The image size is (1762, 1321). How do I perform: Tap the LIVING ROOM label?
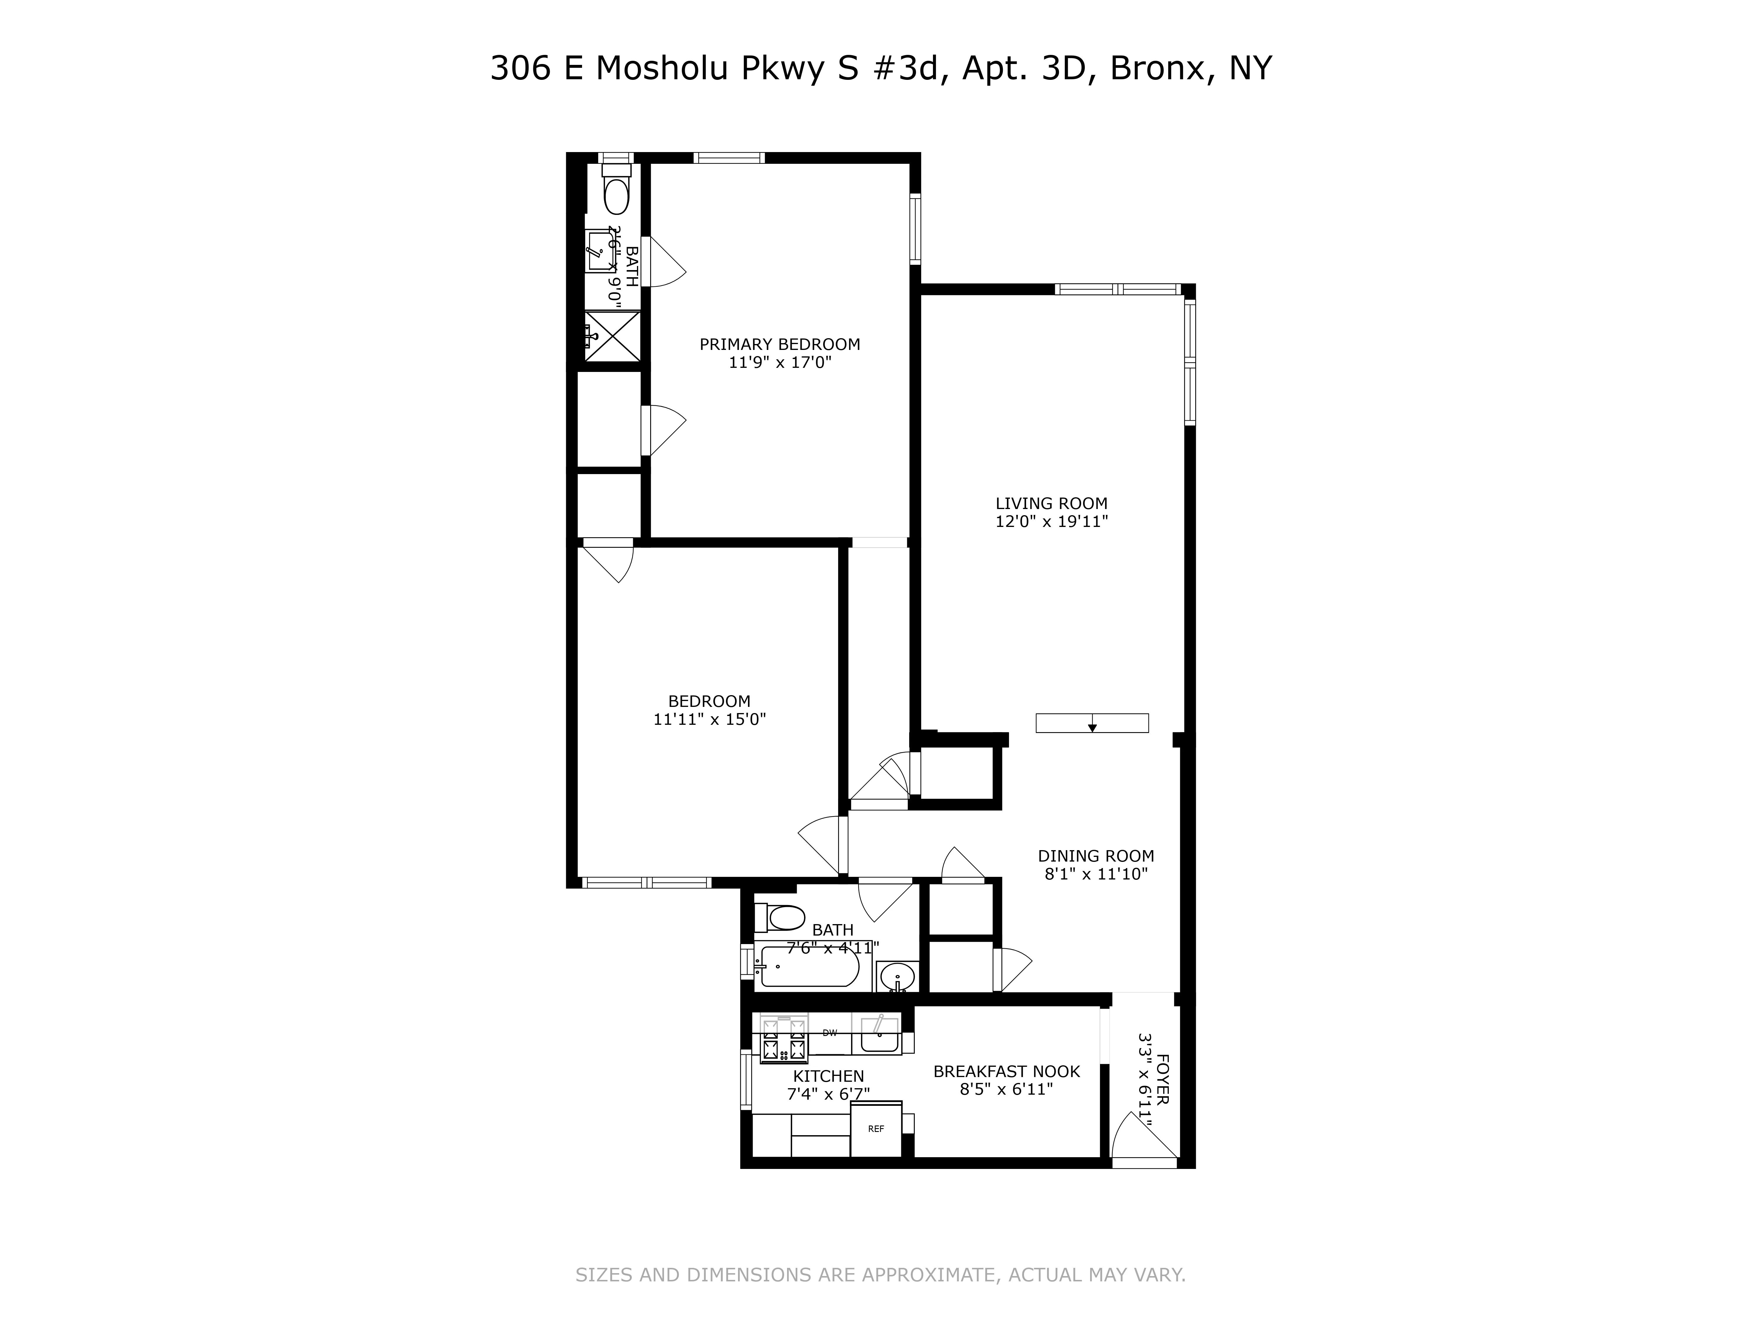coord(1051,503)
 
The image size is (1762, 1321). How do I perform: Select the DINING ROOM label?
coord(1095,856)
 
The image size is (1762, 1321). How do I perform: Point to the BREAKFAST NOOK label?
coord(1006,1072)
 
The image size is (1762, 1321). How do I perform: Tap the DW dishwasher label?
coord(829,1033)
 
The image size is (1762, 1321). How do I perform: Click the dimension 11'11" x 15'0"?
coord(709,719)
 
